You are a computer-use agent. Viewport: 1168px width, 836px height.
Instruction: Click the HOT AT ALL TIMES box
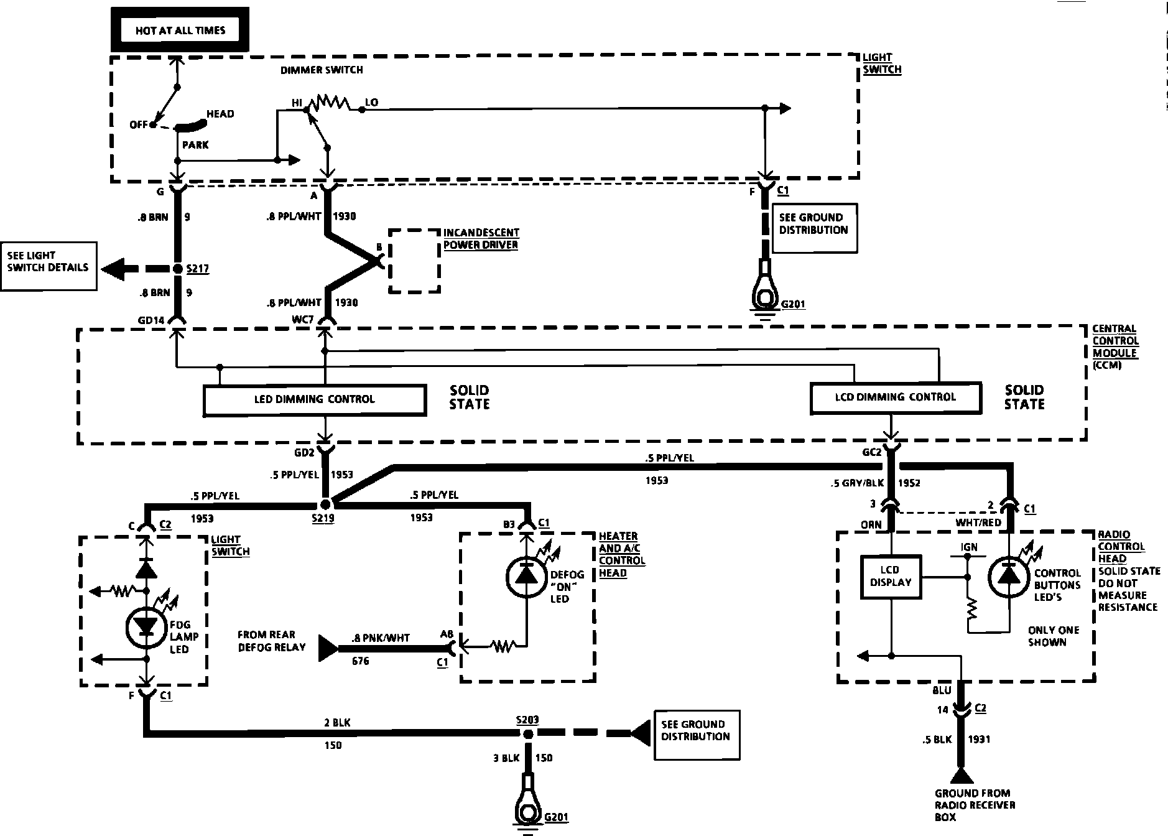click(x=180, y=30)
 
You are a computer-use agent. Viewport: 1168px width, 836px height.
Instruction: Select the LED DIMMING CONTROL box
click(x=315, y=399)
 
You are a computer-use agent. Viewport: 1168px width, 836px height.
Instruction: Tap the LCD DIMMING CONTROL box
click(x=896, y=397)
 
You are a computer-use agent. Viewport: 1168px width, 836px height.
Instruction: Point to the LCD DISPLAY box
click(x=891, y=577)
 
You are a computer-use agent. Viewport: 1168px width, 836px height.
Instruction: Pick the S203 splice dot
click(x=528, y=734)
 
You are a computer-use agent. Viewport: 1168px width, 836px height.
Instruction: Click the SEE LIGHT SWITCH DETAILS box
click(x=49, y=266)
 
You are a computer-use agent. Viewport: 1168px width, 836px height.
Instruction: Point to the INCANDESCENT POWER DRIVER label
click(x=481, y=239)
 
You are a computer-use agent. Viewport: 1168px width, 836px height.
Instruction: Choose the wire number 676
click(x=360, y=661)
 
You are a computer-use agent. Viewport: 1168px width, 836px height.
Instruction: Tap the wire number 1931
click(x=979, y=739)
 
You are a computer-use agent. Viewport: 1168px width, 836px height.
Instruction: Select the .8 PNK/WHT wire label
click(x=381, y=638)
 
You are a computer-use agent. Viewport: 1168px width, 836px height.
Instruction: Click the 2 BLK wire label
click(x=338, y=723)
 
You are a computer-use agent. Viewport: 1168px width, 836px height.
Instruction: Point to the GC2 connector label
click(x=873, y=452)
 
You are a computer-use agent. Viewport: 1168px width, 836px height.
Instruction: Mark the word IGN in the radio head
click(x=969, y=547)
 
